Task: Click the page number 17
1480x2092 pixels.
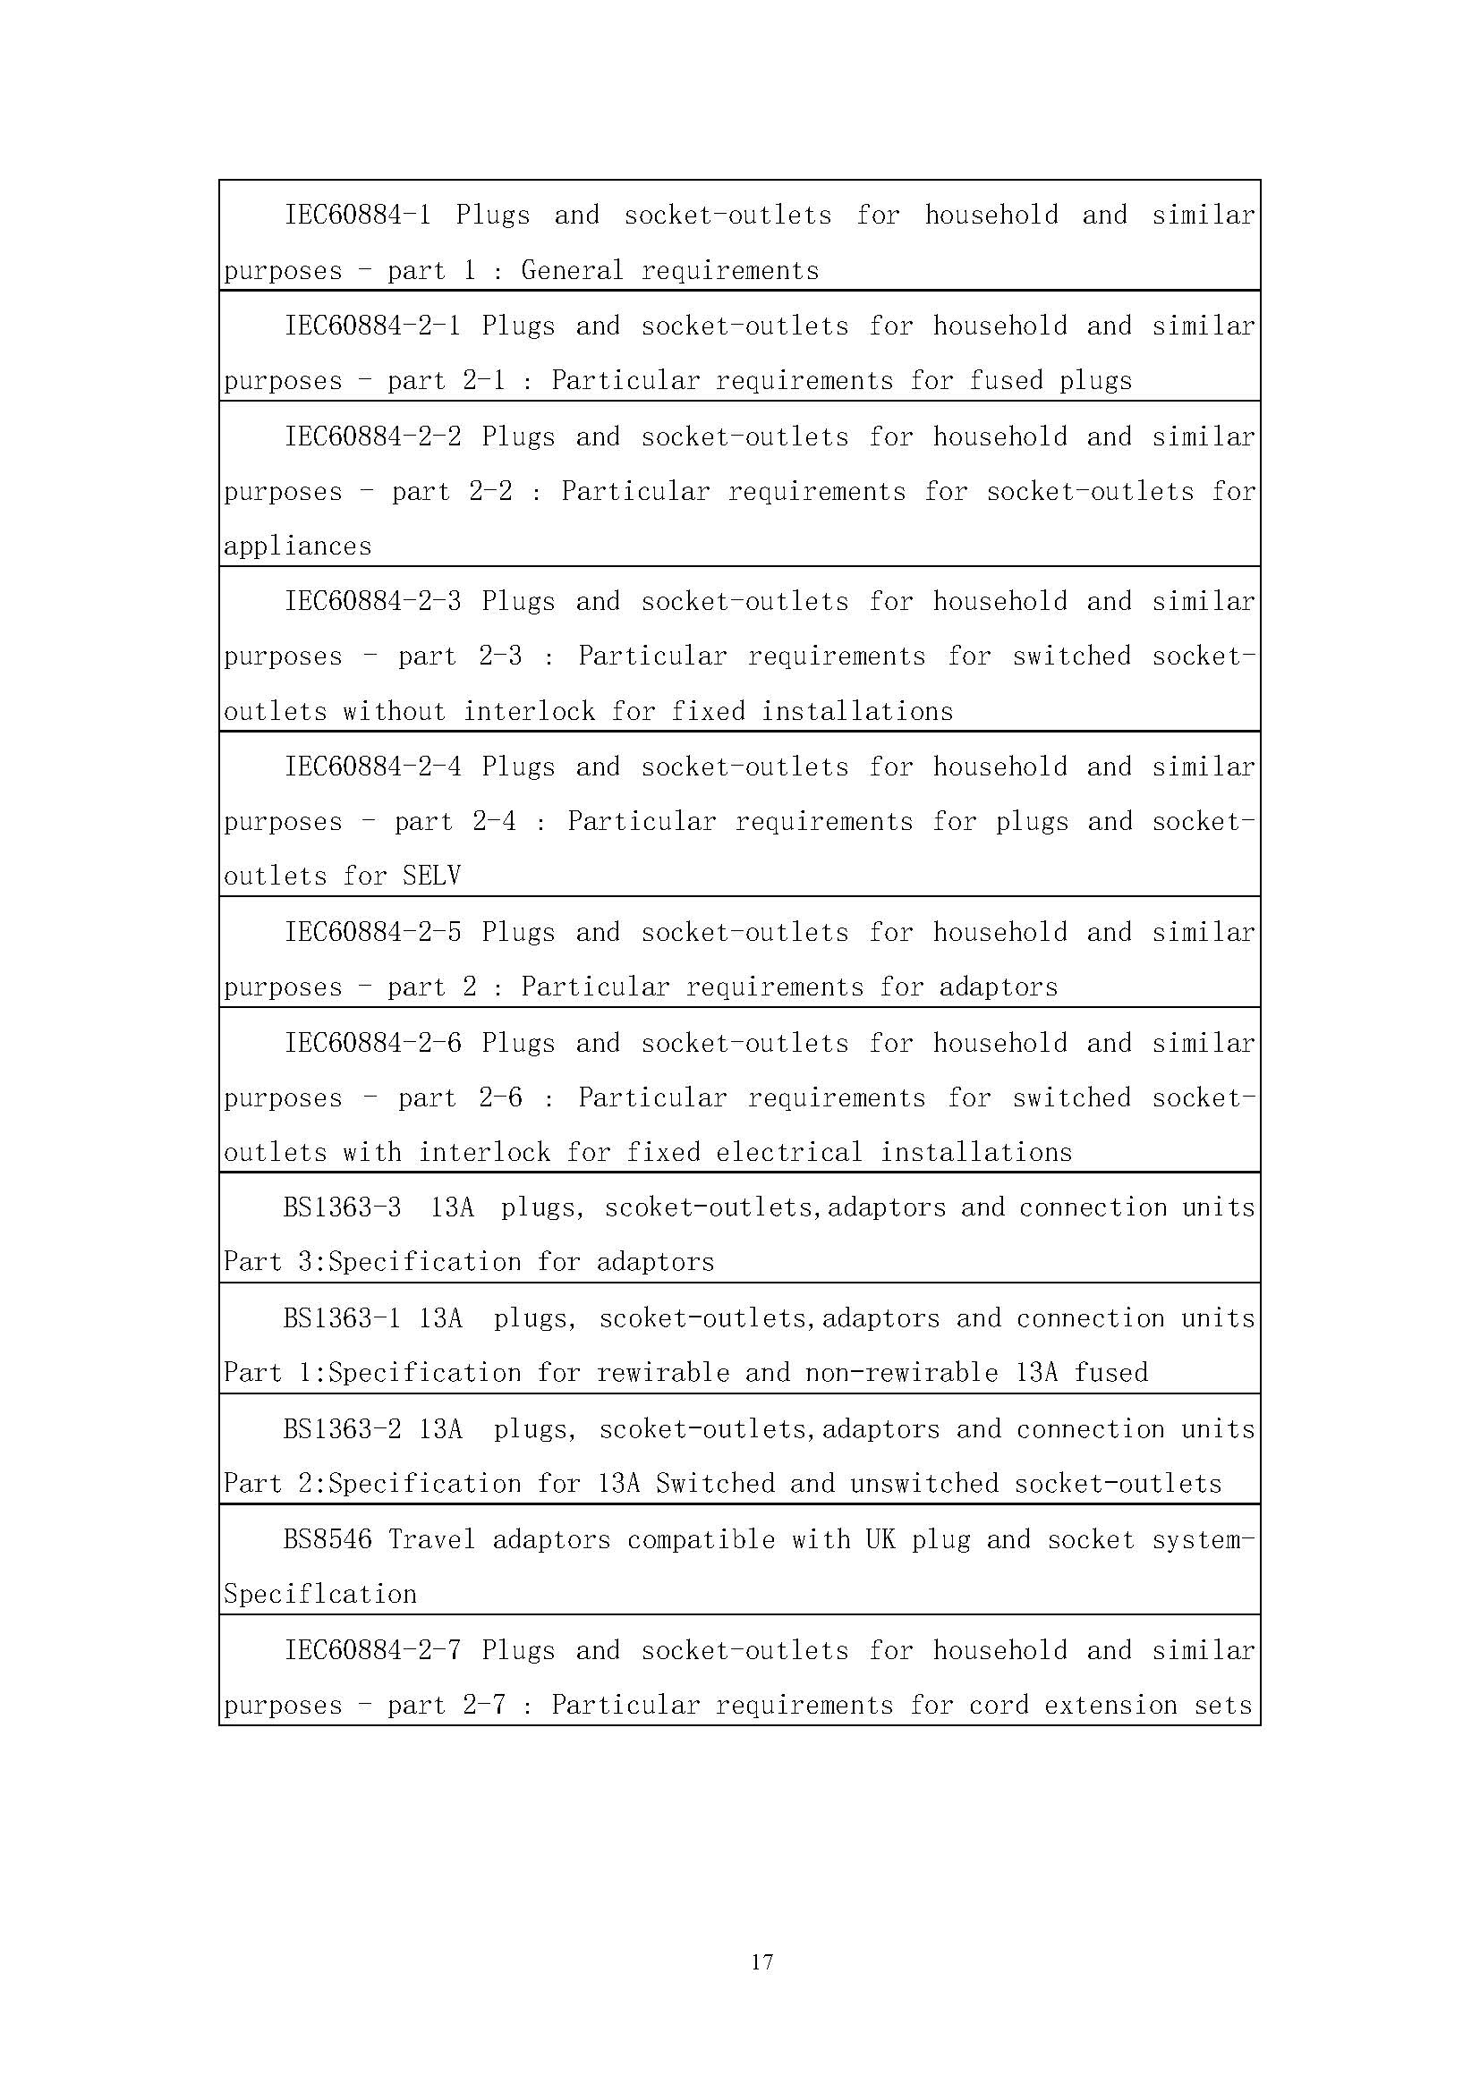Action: [x=761, y=1961]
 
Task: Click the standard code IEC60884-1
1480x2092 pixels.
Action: [x=357, y=215]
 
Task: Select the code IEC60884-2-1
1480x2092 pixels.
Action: [x=373, y=326]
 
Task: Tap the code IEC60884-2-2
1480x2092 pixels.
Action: [x=373, y=436]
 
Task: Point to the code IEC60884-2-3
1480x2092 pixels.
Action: [x=373, y=601]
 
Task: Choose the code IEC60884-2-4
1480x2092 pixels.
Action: [x=373, y=767]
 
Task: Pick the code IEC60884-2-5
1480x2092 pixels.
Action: [x=373, y=932]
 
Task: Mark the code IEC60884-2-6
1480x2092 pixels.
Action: [x=373, y=1042]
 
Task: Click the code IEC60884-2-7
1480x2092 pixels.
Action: [x=373, y=1650]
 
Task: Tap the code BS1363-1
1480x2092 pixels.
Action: [x=342, y=1318]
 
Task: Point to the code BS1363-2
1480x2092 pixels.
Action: [x=342, y=1428]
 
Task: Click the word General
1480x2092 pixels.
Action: [x=573, y=271]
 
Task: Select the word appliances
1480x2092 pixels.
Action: [x=298, y=546]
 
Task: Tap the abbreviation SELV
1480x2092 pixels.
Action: [x=431, y=877]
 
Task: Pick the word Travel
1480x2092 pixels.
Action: [x=432, y=1540]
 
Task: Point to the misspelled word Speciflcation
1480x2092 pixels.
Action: [x=319, y=1595]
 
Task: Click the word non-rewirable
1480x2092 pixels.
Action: [x=901, y=1373]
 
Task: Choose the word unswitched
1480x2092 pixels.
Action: [x=924, y=1483]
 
